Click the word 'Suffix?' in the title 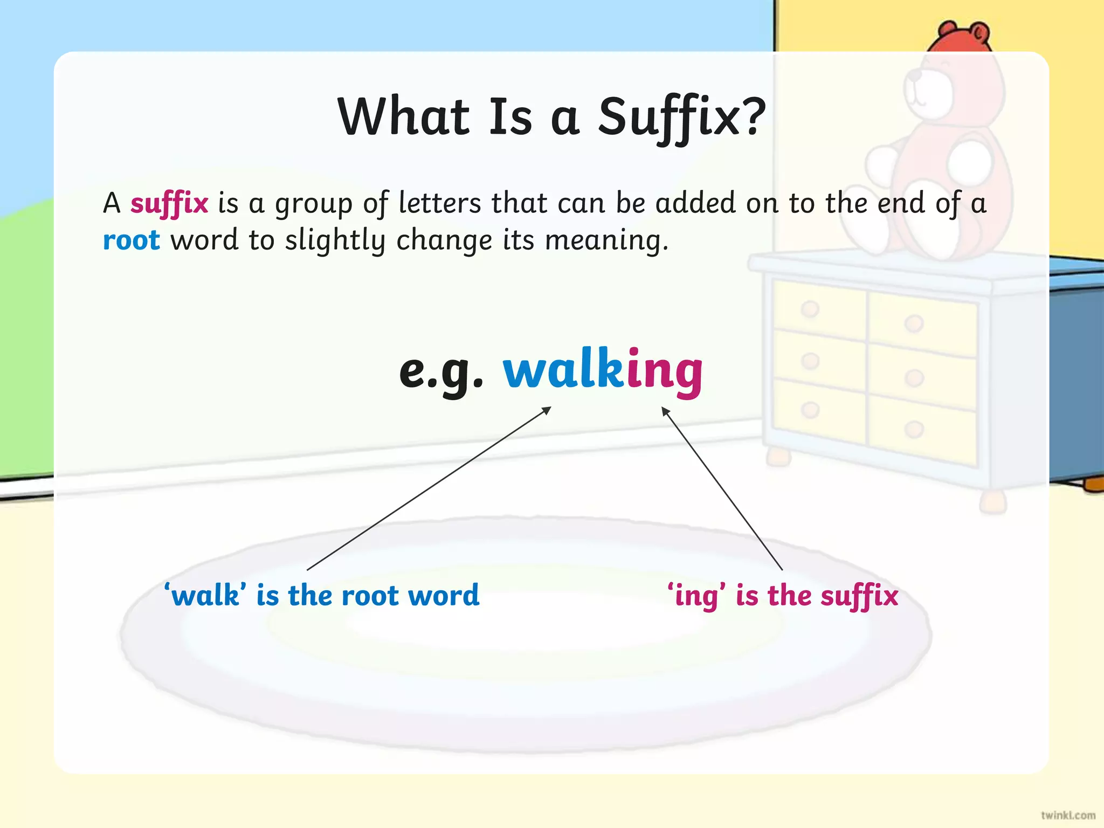(681, 118)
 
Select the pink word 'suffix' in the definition (169, 204)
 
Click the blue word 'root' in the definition (131, 240)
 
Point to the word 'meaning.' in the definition (606, 240)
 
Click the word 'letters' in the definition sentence (439, 203)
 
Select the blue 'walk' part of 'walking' (563, 370)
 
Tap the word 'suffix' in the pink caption (859, 596)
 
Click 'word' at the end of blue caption (443, 596)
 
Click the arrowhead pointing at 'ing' (666, 411)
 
